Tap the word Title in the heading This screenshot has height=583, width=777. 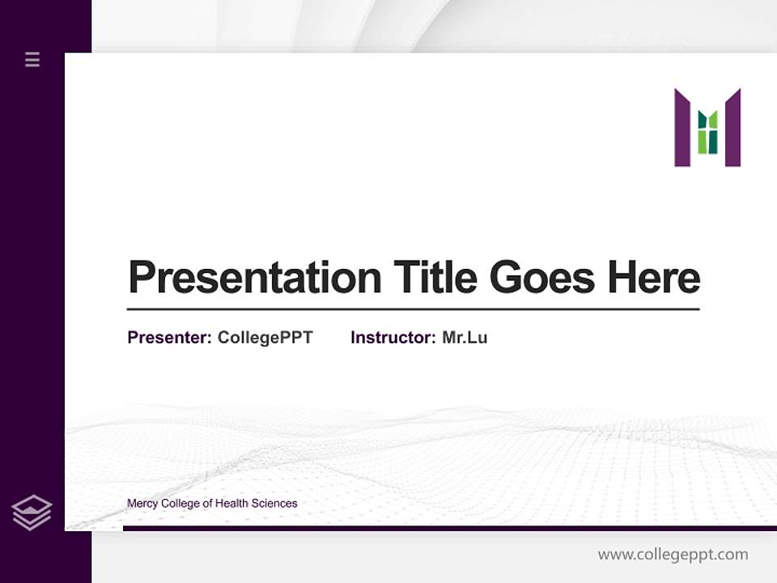click(x=435, y=278)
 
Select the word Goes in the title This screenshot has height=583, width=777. click(x=543, y=278)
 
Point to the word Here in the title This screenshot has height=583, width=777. click(x=654, y=278)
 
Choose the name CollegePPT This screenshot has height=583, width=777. click(x=265, y=338)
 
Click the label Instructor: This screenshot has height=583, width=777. click(x=393, y=338)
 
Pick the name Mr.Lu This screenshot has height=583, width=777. click(x=465, y=338)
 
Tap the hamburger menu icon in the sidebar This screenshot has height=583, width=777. click(x=32, y=59)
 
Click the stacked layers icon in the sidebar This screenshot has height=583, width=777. click(x=32, y=513)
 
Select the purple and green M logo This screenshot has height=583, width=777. click(x=707, y=128)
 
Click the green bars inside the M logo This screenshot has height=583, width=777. click(x=708, y=134)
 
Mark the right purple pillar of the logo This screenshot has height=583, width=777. click(x=732, y=128)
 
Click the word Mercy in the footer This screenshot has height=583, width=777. click(x=142, y=504)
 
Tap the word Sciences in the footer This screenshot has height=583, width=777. click(x=274, y=504)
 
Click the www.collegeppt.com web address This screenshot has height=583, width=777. click(x=673, y=555)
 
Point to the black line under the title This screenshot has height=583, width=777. click(x=413, y=309)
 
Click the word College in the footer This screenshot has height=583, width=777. click(x=180, y=504)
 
